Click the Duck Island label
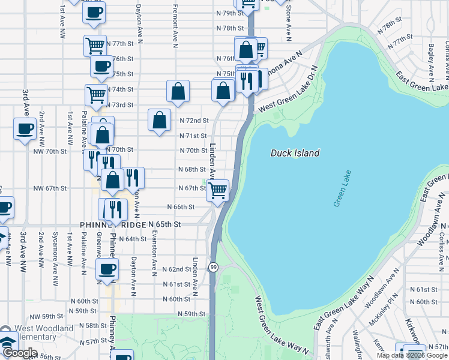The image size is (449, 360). pos(295,153)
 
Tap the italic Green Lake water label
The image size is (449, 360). pos(340,189)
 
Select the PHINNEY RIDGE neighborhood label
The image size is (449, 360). pos(113,224)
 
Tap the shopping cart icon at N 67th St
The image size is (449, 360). pos(217,190)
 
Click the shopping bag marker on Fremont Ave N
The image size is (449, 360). pos(178,92)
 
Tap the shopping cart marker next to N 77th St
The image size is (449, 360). pos(95,45)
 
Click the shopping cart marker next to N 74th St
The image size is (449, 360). pos(96,94)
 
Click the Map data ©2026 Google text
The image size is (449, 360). pos(412,355)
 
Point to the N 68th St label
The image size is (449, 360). pos(192,169)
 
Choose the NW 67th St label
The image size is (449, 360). pos(49,188)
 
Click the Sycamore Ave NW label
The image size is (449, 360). pos(55,248)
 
